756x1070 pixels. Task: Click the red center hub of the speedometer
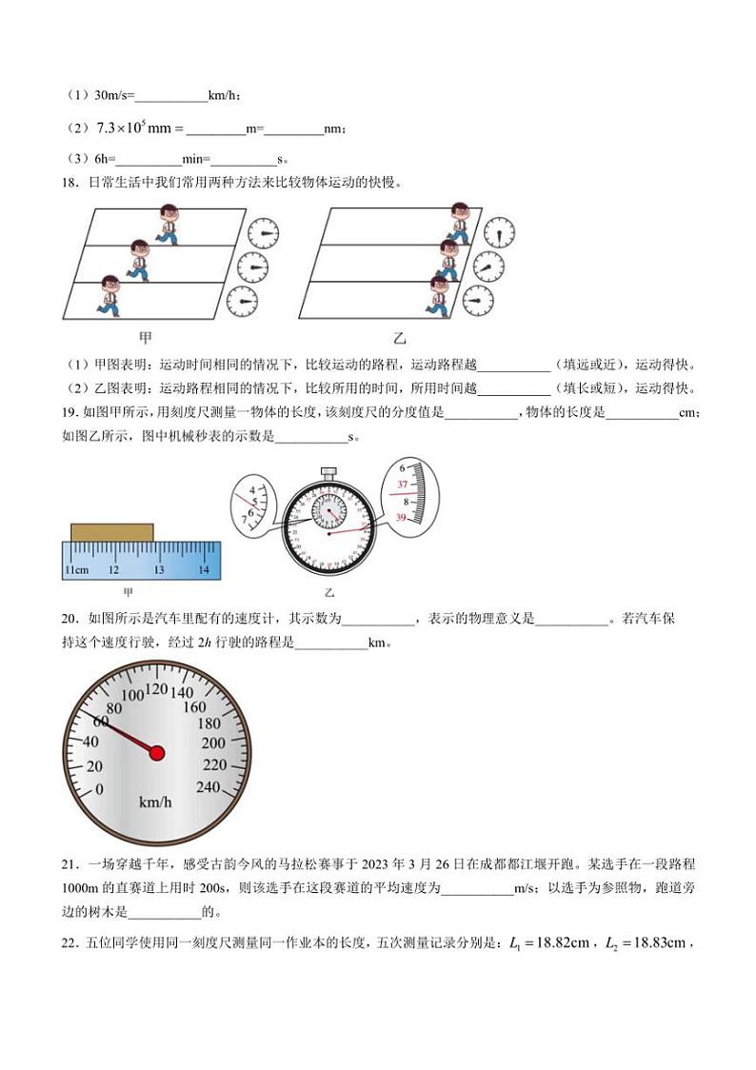point(157,753)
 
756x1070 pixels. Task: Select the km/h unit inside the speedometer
point(155,802)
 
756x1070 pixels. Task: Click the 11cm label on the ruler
point(76,569)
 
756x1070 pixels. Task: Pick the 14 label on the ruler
point(204,569)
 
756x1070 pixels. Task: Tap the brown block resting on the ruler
point(112,531)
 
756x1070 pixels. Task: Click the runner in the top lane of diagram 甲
point(168,223)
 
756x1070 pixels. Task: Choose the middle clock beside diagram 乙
point(488,267)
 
